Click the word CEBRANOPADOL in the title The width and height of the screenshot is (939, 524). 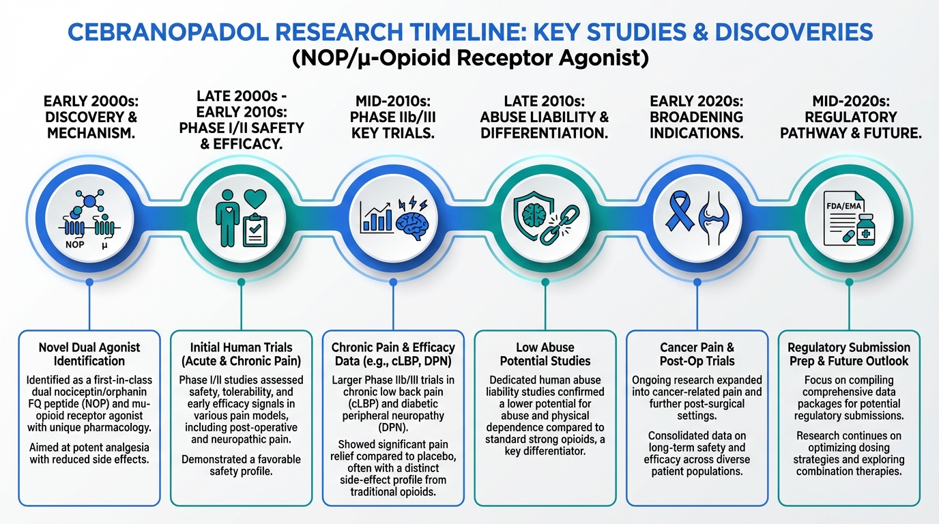click(167, 32)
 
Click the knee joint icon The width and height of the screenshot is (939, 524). click(714, 218)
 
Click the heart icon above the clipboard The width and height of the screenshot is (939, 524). click(255, 199)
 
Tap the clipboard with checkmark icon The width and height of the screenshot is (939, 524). click(255, 230)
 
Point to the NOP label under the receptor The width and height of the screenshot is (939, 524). click(74, 244)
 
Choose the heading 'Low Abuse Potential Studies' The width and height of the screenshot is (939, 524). click(545, 354)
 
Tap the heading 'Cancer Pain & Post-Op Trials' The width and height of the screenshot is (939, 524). click(697, 354)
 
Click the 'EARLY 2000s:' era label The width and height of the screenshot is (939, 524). click(91, 102)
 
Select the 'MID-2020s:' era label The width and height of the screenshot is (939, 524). click(850, 102)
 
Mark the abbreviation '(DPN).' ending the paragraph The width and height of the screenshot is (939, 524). click(393, 428)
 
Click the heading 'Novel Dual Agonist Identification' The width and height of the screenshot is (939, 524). click(89, 354)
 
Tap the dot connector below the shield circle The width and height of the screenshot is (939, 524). click(545, 282)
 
